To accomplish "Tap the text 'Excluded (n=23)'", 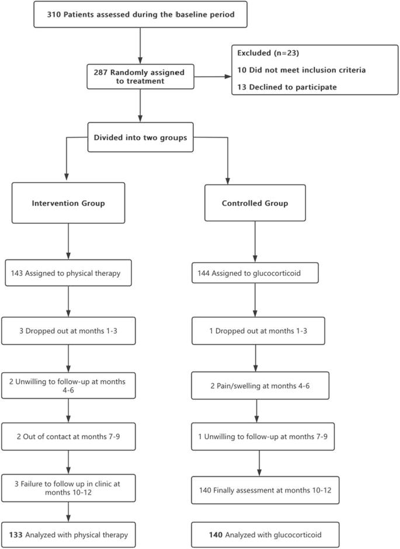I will tap(263, 53).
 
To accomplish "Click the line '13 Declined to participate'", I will tap(280, 89).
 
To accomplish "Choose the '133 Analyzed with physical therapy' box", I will tap(69, 533).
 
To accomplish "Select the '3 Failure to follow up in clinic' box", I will tap(69, 485).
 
